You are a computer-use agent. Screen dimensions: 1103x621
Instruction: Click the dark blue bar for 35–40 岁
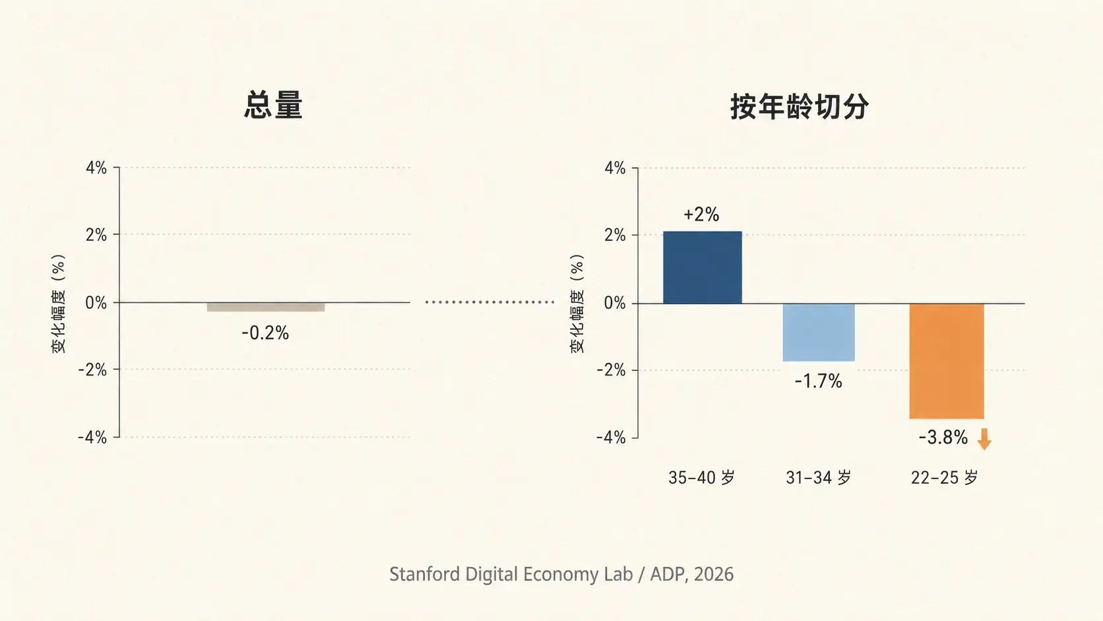click(x=702, y=267)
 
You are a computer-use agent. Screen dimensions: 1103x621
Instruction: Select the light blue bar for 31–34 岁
click(x=819, y=333)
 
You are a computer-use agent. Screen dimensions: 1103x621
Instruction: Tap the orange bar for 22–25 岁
click(x=947, y=361)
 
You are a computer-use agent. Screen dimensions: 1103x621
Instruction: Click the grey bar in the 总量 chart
click(x=266, y=308)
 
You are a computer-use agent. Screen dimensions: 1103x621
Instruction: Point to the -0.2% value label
click(x=265, y=333)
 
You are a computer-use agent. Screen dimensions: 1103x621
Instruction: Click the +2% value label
click(x=701, y=214)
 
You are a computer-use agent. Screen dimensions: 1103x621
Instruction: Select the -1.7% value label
click(x=819, y=381)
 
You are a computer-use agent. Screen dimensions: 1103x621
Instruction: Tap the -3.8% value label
click(x=943, y=438)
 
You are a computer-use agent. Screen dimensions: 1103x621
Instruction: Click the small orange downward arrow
click(x=984, y=440)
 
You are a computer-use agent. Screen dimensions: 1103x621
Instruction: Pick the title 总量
click(x=273, y=105)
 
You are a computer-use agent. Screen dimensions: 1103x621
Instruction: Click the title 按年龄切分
click(x=799, y=106)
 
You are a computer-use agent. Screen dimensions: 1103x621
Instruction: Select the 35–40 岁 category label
click(x=701, y=477)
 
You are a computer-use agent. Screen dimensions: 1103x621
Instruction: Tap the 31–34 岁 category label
click(x=819, y=477)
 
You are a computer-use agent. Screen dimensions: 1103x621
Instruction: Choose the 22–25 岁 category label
click(x=944, y=477)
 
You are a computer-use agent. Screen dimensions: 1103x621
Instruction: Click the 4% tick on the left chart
click(x=96, y=168)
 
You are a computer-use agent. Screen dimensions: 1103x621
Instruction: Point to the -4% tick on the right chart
click(x=611, y=438)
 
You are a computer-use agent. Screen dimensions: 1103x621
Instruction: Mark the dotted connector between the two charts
click(x=490, y=302)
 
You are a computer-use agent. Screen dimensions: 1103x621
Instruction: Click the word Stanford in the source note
click(x=424, y=574)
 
